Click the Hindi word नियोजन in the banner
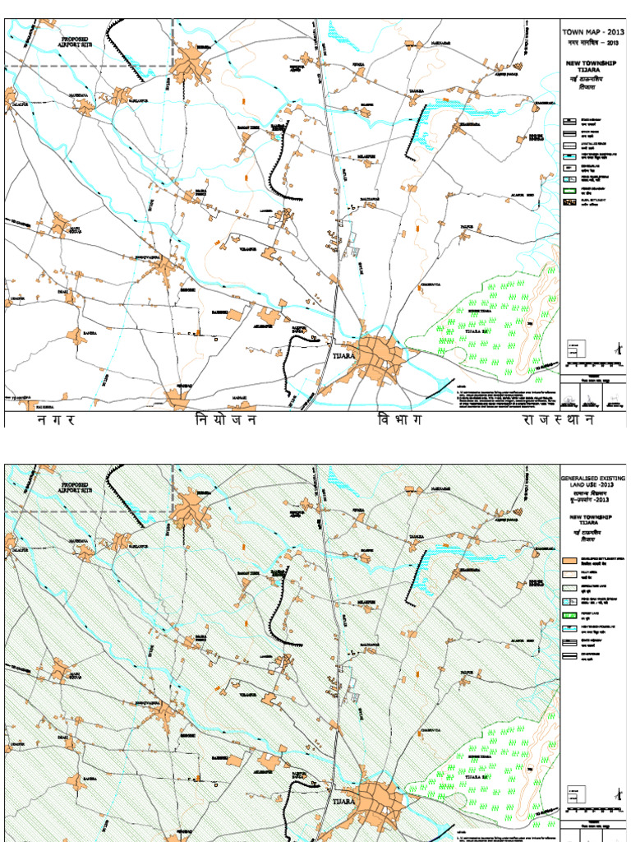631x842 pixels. point(225,420)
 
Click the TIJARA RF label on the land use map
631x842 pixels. point(482,776)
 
